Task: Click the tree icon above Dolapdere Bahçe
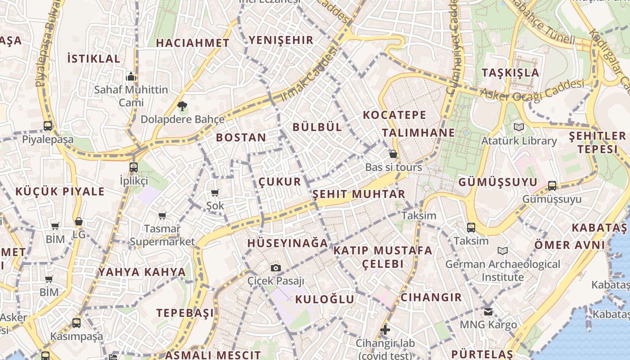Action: point(182,107)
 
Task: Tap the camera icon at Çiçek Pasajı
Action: point(276,268)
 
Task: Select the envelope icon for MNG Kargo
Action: point(488,311)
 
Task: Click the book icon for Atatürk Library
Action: point(519,127)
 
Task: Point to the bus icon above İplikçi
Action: point(134,167)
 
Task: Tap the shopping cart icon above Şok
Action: point(215,193)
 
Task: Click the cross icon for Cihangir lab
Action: point(385,330)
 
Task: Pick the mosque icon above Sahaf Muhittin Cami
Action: point(131,76)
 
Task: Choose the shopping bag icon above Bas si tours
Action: point(393,154)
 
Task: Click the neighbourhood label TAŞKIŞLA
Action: point(510,73)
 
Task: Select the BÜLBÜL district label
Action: point(317,127)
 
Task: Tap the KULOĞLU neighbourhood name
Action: point(324,299)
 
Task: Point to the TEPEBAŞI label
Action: point(185,313)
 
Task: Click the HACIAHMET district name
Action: point(193,43)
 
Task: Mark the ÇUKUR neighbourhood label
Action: point(279,182)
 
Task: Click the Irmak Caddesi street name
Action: point(309,74)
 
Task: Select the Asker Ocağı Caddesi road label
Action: point(532,90)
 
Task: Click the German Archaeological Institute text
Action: point(503,270)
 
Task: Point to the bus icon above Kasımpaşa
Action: point(76,323)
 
